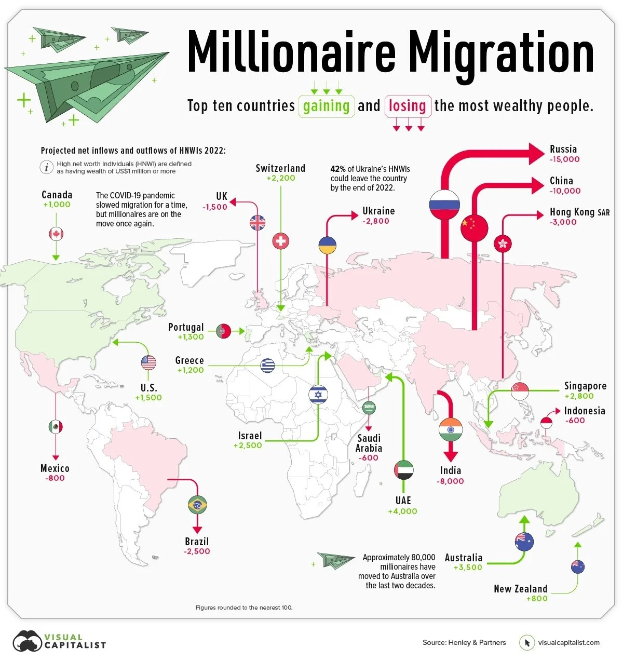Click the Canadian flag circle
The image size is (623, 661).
tap(56, 234)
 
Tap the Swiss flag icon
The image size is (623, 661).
tap(281, 241)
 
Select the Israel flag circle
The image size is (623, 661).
tap(318, 395)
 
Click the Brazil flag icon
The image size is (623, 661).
tap(197, 504)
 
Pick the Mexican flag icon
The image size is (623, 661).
tap(56, 427)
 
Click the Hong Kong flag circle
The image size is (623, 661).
tap(503, 243)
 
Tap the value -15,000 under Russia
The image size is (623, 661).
tap(565, 159)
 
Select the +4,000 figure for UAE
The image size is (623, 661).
tap(402, 511)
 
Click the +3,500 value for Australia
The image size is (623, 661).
tap(468, 568)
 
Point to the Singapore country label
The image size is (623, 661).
tap(585, 386)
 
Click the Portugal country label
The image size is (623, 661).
tap(186, 327)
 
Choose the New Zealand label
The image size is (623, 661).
tap(520, 589)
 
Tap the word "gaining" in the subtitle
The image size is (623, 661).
tap(326, 106)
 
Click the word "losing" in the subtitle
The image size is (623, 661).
tap(408, 106)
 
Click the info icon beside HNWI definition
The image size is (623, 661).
tap(47, 167)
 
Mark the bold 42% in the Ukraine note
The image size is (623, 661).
tap(338, 169)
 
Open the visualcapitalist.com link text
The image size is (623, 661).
tap(568, 642)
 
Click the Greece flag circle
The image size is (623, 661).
tap(268, 366)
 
